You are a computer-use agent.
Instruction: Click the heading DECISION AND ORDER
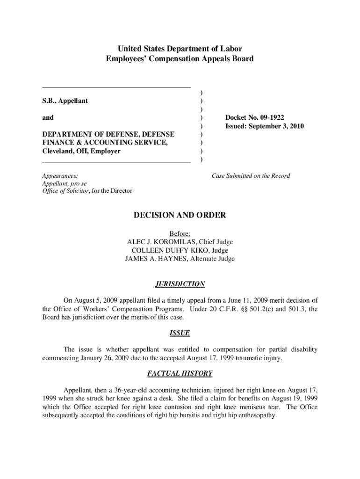click(x=180, y=215)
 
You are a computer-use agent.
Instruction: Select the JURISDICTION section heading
click(x=180, y=284)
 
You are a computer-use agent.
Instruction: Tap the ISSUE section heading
click(x=180, y=333)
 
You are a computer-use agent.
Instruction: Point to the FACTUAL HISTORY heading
click(x=180, y=373)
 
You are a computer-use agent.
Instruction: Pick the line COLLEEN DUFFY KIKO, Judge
click(x=180, y=250)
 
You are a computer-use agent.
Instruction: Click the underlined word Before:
click(x=180, y=233)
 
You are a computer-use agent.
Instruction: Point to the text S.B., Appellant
click(x=65, y=101)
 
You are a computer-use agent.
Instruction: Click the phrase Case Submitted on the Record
click(x=251, y=176)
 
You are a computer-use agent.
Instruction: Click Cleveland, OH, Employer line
click(x=81, y=151)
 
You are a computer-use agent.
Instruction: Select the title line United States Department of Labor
click(x=180, y=49)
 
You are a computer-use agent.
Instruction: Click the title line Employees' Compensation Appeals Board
click(x=180, y=59)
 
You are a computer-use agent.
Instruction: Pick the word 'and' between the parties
click(x=48, y=117)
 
